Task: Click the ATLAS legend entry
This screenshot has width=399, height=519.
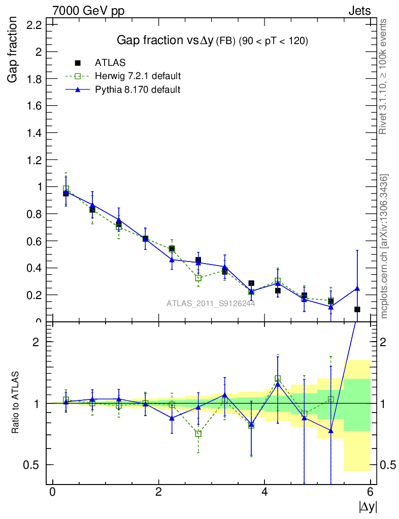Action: [x=110, y=63]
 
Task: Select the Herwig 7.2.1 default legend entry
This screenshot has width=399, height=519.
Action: [x=138, y=77]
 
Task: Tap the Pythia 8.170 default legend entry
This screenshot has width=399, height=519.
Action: [x=138, y=90]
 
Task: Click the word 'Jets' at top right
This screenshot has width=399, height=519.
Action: [x=359, y=11]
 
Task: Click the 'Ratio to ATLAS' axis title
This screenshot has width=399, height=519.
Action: [x=16, y=403]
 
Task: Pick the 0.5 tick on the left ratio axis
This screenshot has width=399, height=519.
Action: [x=31, y=465]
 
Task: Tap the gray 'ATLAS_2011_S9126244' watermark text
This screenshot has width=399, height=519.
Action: [x=211, y=304]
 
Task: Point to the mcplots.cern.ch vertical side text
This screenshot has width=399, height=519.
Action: [x=384, y=246]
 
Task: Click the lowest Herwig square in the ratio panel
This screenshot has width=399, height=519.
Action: [x=198, y=433]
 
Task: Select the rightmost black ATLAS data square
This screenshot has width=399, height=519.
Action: [x=357, y=309]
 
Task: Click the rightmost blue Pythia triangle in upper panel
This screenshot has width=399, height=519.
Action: [x=357, y=288]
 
